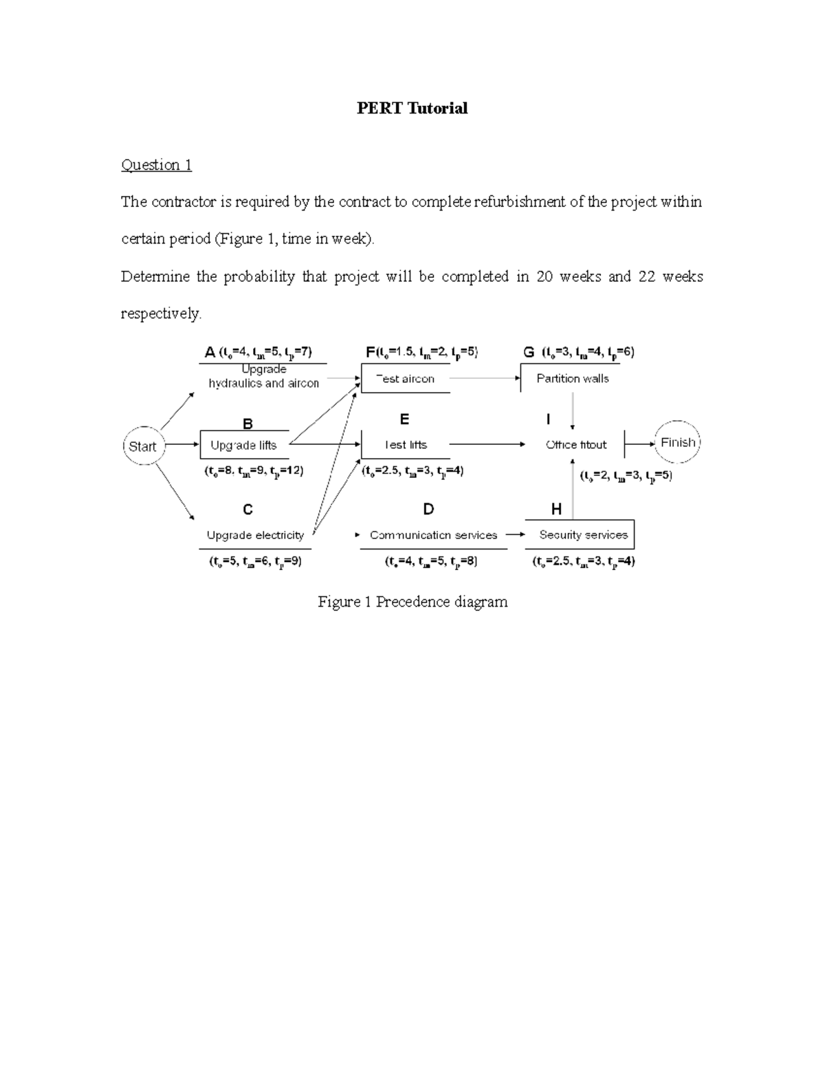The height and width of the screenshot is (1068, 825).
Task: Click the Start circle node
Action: coord(143,446)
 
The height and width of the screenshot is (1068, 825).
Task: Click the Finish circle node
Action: coord(678,443)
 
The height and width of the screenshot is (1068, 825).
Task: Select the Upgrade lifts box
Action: coord(244,445)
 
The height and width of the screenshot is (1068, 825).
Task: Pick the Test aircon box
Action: coord(406,378)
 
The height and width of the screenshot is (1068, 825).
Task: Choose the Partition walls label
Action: coord(573,378)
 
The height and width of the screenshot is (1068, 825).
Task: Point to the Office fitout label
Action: coord(576,445)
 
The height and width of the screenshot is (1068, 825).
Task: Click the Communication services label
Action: coord(433,535)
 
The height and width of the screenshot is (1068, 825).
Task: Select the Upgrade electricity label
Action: coord(255,535)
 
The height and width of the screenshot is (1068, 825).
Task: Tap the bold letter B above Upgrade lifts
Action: coord(247,424)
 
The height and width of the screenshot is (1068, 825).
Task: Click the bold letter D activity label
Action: coord(428,510)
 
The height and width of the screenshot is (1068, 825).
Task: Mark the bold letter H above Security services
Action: coord(556,510)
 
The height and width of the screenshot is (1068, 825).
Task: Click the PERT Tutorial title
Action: coord(412,108)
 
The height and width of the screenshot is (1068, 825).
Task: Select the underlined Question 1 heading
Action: coord(156,165)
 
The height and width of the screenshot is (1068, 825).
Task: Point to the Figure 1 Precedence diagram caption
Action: coord(412,602)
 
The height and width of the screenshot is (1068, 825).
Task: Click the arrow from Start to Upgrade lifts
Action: coord(182,444)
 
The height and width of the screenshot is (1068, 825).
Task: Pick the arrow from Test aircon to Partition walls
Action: coord(485,378)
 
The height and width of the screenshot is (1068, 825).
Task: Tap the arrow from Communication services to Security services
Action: coord(516,534)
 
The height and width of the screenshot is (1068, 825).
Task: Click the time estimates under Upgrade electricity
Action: coord(255,561)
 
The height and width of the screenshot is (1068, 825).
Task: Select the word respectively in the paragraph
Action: coord(161,314)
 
